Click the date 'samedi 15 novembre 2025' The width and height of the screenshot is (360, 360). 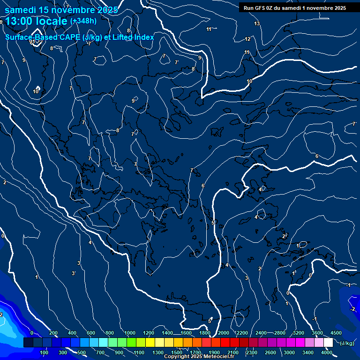click(x=61, y=10)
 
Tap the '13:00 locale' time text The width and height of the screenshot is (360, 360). click(x=37, y=21)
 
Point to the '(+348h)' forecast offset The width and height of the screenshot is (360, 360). click(x=83, y=21)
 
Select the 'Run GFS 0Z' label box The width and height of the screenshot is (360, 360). click(x=295, y=8)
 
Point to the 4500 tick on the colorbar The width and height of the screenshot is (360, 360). click(x=336, y=333)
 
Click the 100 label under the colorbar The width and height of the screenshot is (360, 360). click(x=45, y=352)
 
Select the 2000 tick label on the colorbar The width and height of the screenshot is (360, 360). click(x=224, y=333)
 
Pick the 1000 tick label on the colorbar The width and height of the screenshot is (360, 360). click(x=130, y=333)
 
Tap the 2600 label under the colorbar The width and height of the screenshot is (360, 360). click(x=270, y=352)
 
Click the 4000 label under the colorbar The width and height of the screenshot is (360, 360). click(x=327, y=352)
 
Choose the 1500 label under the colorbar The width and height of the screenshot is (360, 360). click(x=177, y=352)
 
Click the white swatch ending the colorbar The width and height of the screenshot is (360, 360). click(x=328, y=343)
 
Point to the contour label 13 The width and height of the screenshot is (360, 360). click(x=257, y=23)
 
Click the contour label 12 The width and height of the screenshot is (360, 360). click(x=247, y=39)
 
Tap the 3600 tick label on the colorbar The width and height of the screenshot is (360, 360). click(x=317, y=333)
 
